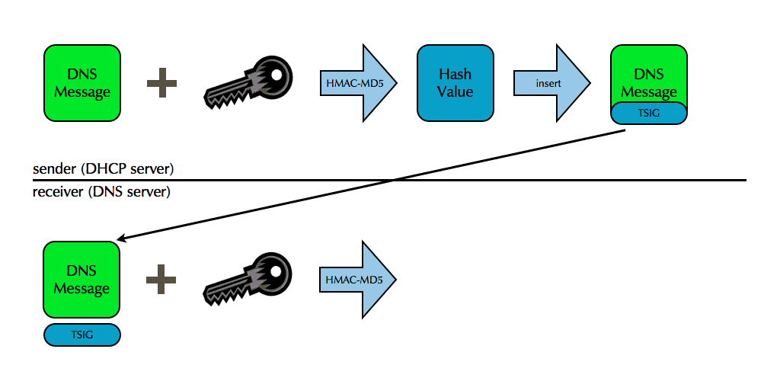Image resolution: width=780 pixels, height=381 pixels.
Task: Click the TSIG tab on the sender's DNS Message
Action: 649,112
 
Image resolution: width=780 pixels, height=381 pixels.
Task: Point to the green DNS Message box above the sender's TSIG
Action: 649,76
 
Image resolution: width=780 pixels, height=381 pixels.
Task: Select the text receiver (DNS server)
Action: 101,192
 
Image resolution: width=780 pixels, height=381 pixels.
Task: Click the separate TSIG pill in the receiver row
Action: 82,335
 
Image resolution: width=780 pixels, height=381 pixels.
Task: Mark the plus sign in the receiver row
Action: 161,279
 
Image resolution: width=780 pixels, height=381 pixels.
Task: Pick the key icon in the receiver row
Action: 248,279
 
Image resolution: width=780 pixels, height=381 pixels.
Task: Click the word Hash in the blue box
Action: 456,75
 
